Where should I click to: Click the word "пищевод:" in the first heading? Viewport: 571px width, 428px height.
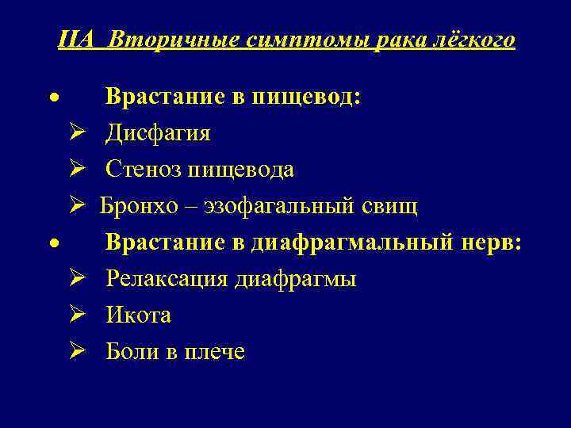pyautogui.click(x=306, y=97)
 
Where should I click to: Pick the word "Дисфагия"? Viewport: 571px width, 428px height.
pyautogui.click(x=159, y=133)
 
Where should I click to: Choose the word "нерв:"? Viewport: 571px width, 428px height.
pyautogui.click(x=491, y=243)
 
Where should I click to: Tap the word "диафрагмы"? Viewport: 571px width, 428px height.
pyautogui.click(x=295, y=279)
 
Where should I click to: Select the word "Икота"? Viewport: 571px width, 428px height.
pyautogui.click(x=139, y=315)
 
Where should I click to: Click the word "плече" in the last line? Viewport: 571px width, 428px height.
pyautogui.click(x=217, y=352)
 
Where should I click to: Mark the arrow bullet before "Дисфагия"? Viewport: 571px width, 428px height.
pyautogui.click(x=76, y=133)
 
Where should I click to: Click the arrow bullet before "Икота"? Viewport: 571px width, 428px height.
pyautogui.click(x=76, y=315)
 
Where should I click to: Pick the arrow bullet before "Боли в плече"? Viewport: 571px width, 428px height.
pyautogui.click(x=76, y=352)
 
